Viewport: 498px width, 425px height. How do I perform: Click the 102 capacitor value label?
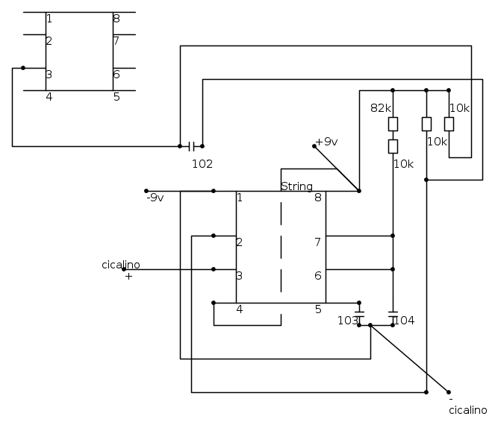click(x=202, y=164)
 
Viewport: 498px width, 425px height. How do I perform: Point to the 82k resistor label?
click(x=381, y=108)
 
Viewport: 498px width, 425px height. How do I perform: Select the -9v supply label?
click(x=155, y=198)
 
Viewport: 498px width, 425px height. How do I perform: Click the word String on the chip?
click(x=296, y=186)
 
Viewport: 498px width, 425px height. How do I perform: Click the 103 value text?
click(x=347, y=321)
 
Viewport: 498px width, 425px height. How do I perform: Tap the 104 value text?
click(x=405, y=321)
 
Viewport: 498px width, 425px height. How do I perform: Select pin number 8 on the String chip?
click(x=318, y=198)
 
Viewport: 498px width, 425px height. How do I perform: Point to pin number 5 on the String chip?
click(x=317, y=309)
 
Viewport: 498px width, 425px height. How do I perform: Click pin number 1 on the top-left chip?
click(x=49, y=19)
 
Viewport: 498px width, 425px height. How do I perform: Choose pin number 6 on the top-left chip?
click(x=116, y=74)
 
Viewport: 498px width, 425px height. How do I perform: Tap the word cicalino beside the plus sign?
click(x=120, y=265)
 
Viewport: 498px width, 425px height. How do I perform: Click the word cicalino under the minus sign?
click(x=468, y=410)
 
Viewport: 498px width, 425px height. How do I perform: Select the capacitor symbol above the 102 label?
click(x=191, y=146)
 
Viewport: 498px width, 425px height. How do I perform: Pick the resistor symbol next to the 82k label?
click(x=393, y=124)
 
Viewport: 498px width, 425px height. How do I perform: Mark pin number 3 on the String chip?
click(x=240, y=275)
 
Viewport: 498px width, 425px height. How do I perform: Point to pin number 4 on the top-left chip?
click(x=49, y=96)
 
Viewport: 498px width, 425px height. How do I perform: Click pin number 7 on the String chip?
click(x=317, y=242)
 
